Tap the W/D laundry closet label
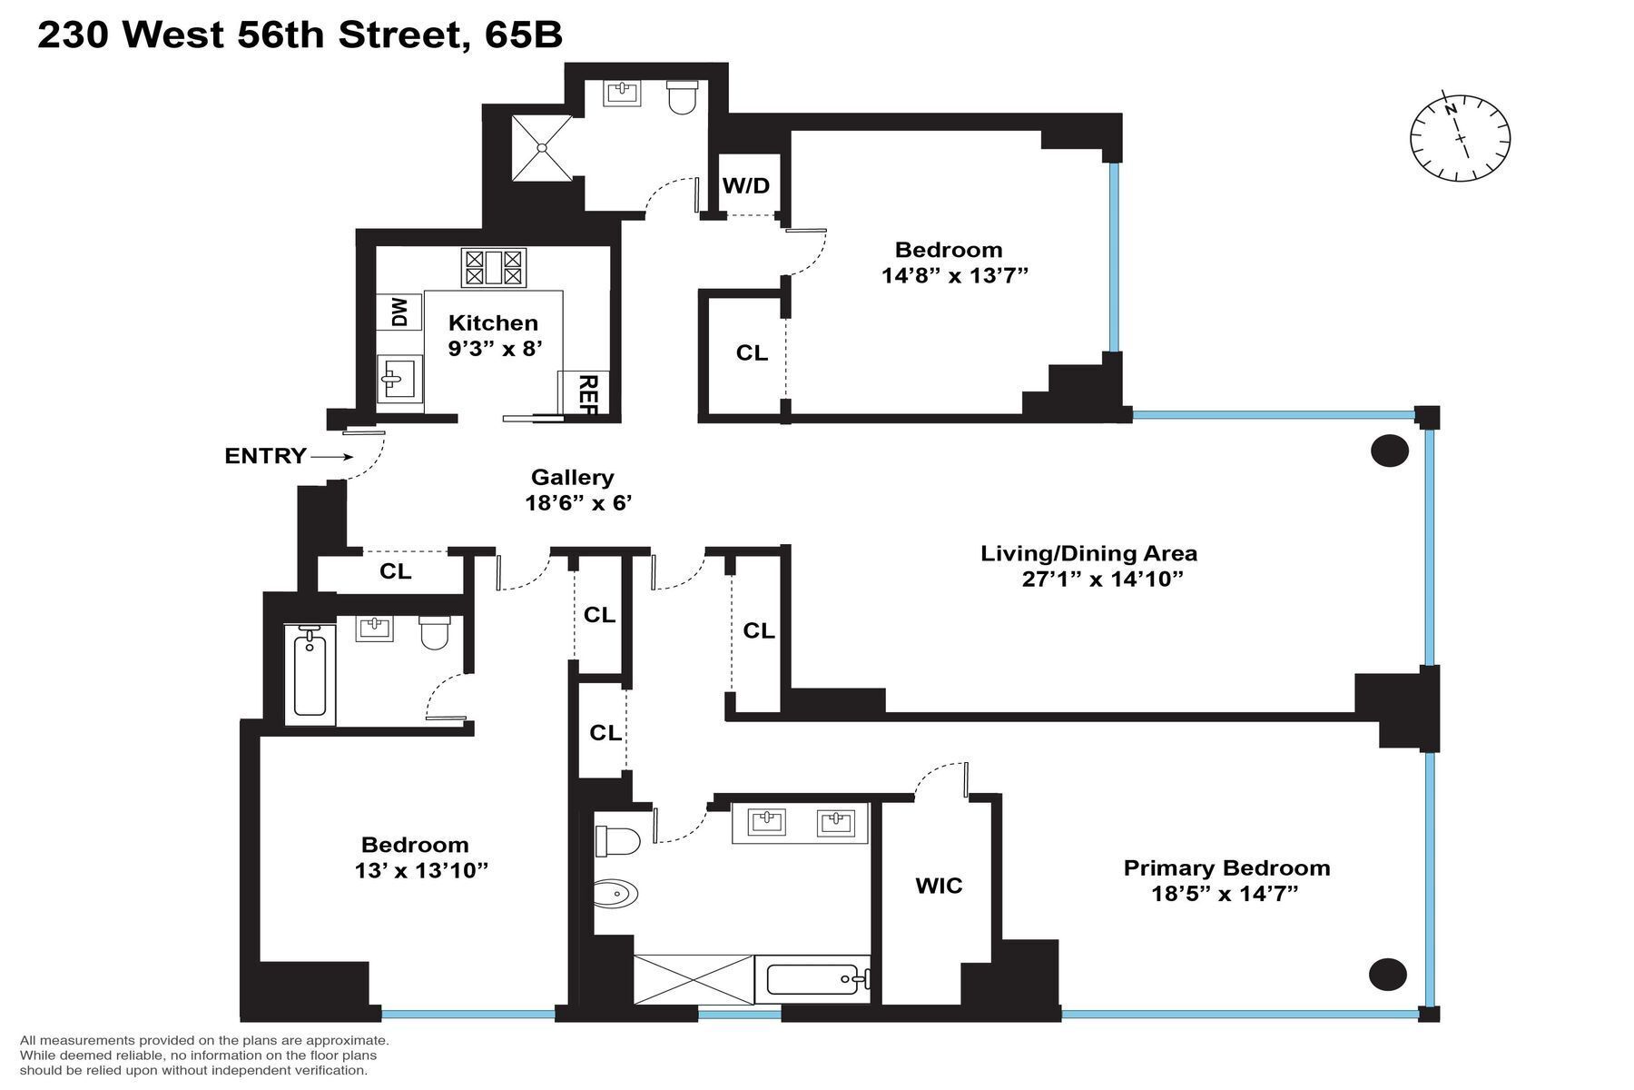pyautogui.click(x=746, y=185)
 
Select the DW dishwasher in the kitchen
pyautogui.click(x=400, y=312)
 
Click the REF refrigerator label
pyautogui.click(x=586, y=394)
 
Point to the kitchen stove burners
pyautogui.click(x=494, y=268)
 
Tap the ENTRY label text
pyautogui.click(x=265, y=456)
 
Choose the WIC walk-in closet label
pyautogui.click(x=939, y=885)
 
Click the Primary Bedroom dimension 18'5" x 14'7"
pyautogui.click(x=1225, y=894)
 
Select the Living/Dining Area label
pyautogui.click(x=1088, y=553)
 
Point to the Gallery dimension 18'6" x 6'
pyautogui.click(x=577, y=502)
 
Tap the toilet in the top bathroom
pyautogui.click(x=682, y=97)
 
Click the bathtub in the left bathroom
pyautogui.click(x=310, y=675)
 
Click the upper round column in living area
pyautogui.click(x=1389, y=451)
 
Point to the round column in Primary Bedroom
pyautogui.click(x=1387, y=974)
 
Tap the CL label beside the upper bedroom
pyautogui.click(x=752, y=352)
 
